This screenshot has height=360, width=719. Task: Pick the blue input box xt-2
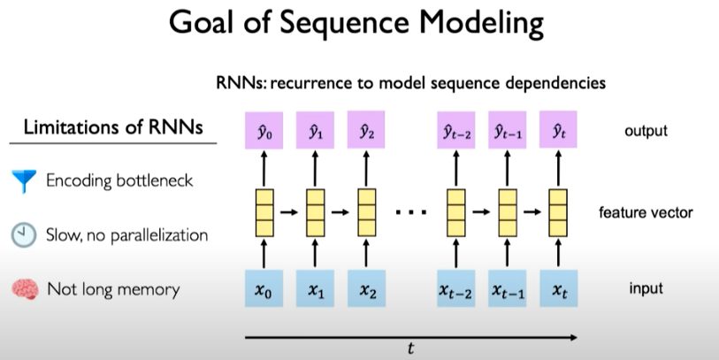pyautogui.click(x=456, y=289)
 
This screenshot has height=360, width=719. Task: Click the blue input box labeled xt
pyautogui.click(x=557, y=289)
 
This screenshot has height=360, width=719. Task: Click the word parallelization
pyautogui.click(x=152, y=236)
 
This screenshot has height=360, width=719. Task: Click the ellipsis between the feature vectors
pyautogui.click(x=409, y=213)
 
